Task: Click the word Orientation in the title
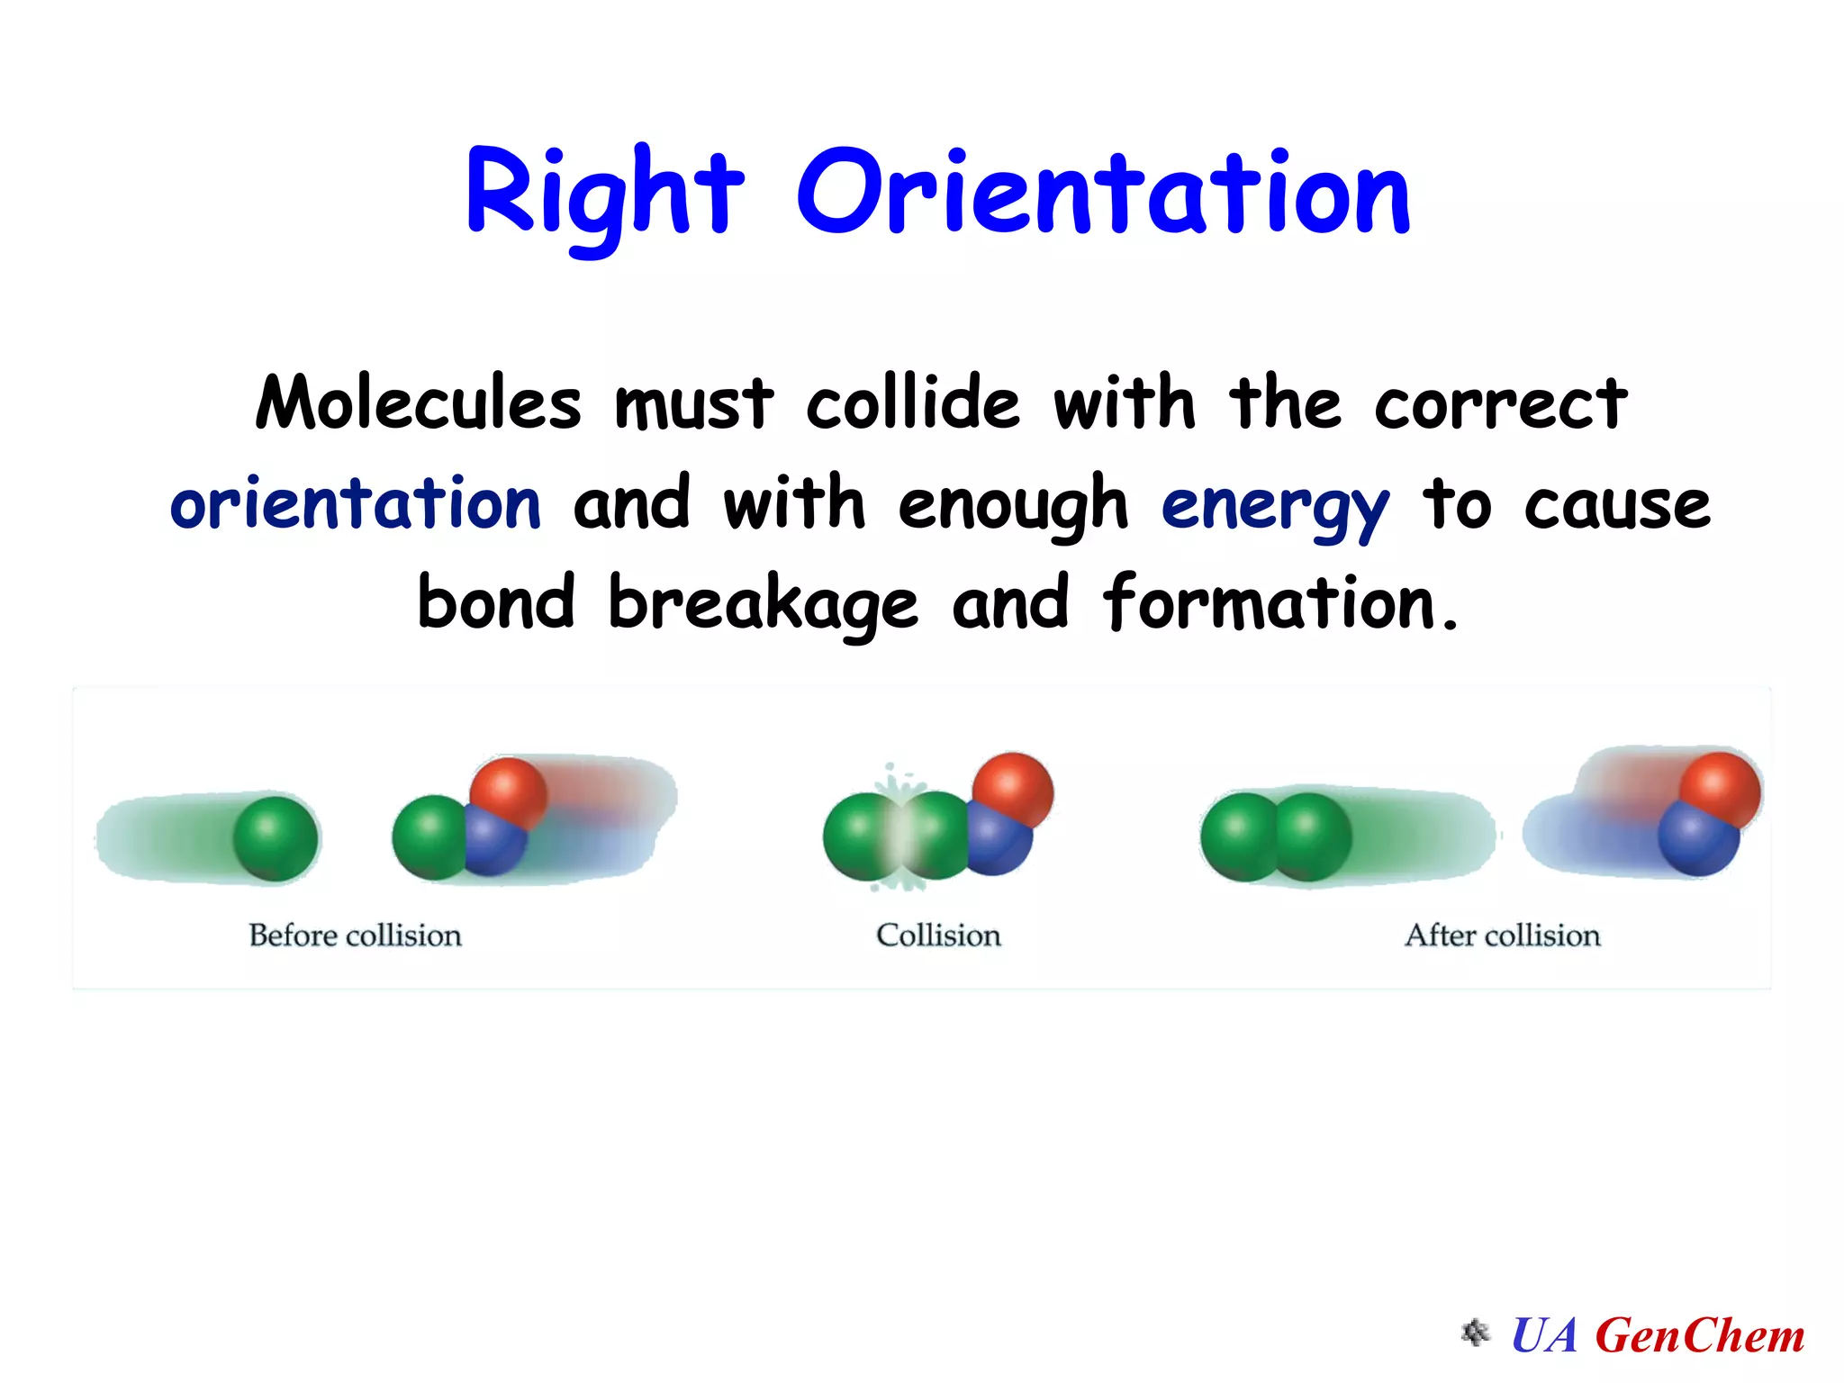pyautogui.click(x=1103, y=194)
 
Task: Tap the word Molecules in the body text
pyautogui.click(x=419, y=402)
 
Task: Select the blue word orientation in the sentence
pyautogui.click(x=356, y=504)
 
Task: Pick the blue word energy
pyautogui.click(x=1275, y=507)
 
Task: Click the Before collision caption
pyautogui.click(x=355, y=936)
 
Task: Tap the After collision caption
pyautogui.click(x=1502, y=936)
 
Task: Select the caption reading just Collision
pyautogui.click(x=938, y=936)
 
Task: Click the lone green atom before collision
pyautogui.click(x=276, y=838)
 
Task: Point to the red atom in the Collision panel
pyautogui.click(x=1014, y=789)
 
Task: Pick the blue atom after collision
pyautogui.click(x=1697, y=839)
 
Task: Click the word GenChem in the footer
pyautogui.click(x=1700, y=1335)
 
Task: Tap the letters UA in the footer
pyautogui.click(x=1544, y=1335)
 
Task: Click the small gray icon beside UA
pyautogui.click(x=1476, y=1333)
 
